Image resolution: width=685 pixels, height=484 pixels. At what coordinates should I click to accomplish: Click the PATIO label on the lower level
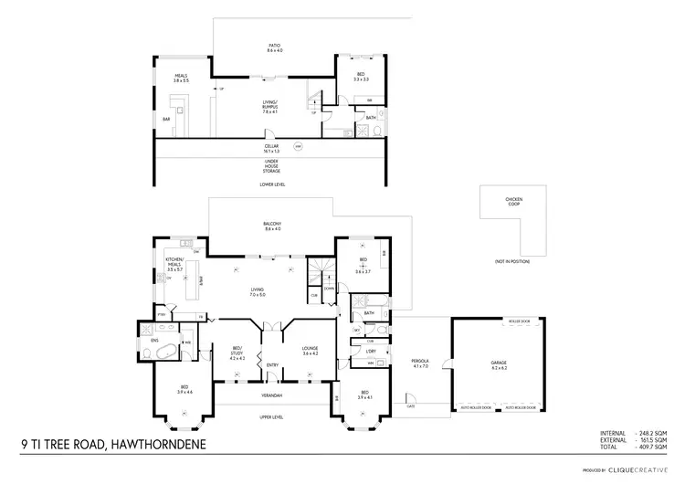(x=274, y=47)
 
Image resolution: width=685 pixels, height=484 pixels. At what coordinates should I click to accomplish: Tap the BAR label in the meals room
(x=167, y=119)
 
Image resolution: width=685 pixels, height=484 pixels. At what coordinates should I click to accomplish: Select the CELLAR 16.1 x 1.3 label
(x=271, y=147)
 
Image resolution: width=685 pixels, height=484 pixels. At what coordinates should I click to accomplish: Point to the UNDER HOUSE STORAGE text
(x=271, y=164)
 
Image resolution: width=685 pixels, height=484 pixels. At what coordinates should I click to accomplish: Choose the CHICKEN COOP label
(x=513, y=201)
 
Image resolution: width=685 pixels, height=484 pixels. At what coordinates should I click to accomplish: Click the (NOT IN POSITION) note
(x=512, y=262)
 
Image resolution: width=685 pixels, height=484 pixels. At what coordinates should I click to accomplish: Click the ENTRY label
(x=271, y=365)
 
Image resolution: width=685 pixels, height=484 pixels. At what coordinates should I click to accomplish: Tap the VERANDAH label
(x=271, y=395)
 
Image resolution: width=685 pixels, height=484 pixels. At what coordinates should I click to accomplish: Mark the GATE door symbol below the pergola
(x=411, y=405)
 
